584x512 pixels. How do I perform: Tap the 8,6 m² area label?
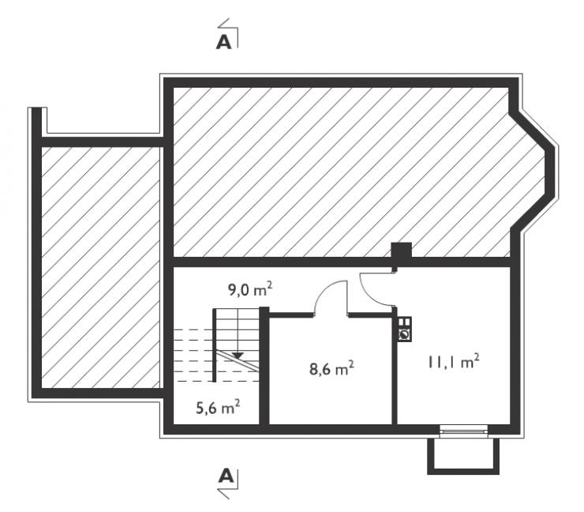331,368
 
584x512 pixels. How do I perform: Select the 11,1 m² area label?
453,362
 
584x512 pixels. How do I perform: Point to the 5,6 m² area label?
218,407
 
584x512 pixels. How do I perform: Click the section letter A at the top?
223,42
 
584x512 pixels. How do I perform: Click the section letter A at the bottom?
226,476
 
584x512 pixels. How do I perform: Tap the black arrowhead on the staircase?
238,356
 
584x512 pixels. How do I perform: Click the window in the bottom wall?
463,431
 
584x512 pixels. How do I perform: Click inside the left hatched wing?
100,267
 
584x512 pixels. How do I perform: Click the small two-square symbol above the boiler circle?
405,322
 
